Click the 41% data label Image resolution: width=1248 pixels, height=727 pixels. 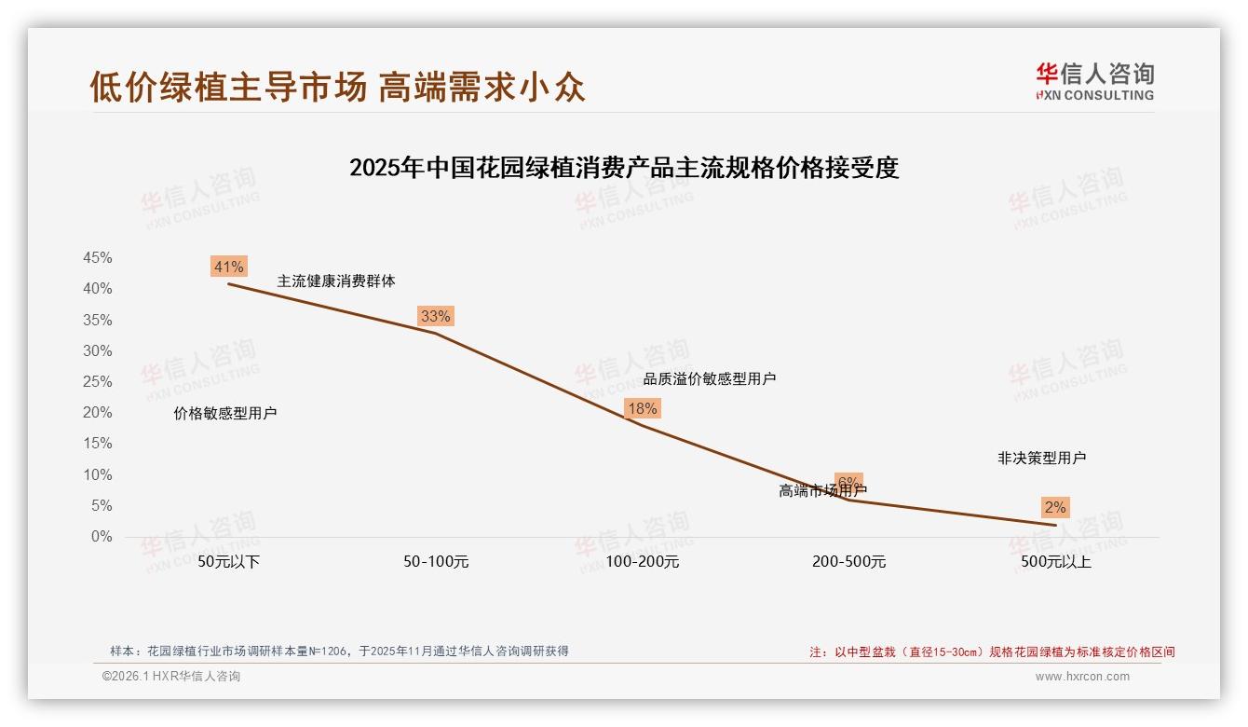(x=228, y=267)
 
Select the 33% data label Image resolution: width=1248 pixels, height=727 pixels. (x=435, y=316)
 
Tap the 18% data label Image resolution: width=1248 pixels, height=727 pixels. (x=642, y=408)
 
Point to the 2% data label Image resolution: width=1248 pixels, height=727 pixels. (x=1054, y=508)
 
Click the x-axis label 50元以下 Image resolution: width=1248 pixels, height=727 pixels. (x=228, y=562)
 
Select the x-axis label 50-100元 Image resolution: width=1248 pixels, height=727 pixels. (x=435, y=562)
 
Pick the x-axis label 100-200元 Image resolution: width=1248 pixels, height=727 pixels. (x=642, y=562)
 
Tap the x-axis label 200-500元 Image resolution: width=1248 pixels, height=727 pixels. (x=848, y=562)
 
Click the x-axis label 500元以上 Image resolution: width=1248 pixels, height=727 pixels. (x=1055, y=562)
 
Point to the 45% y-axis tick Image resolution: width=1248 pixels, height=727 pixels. (x=98, y=258)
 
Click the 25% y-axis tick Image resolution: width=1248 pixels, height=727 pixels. (x=98, y=382)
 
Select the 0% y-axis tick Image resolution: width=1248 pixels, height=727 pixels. (x=102, y=537)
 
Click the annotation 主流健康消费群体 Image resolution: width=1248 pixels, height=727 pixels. (x=336, y=281)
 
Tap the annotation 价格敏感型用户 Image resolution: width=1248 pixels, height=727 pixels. (x=225, y=414)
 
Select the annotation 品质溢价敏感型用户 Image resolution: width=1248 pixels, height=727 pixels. (x=710, y=378)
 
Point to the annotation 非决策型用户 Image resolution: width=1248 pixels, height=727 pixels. (x=1041, y=458)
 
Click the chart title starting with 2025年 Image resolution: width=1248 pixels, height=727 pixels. (x=624, y=168)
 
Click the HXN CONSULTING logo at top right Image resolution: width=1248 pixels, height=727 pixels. (x=1094, y=82)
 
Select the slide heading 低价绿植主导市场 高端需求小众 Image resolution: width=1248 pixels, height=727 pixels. (x=337, y=86)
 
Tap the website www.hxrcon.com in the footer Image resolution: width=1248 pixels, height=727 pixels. (x=1082, y=677)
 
